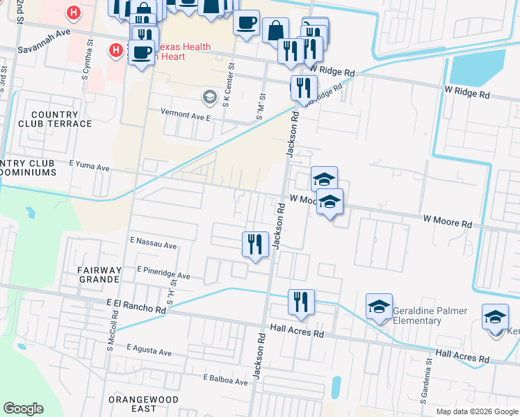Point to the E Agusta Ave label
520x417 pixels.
pos(149,352)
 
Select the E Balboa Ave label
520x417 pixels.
pos(225,380)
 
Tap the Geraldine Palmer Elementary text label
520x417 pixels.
pos(427,316)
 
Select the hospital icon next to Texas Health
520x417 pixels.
pos(116,50)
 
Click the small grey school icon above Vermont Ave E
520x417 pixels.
pos(207,95)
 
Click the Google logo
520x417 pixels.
pos(23,409)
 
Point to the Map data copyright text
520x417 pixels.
pos(476,411)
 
